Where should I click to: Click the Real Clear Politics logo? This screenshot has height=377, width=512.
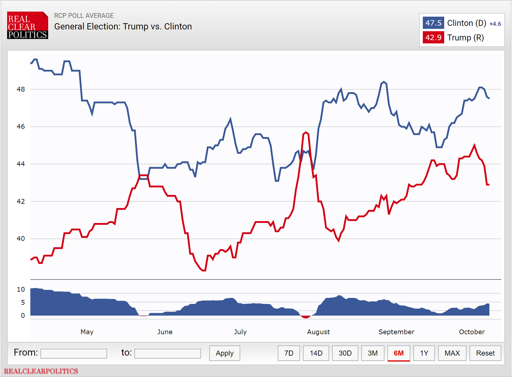[27, 26]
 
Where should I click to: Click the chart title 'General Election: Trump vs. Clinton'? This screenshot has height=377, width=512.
[123, 26]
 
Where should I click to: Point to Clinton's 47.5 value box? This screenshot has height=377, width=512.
[433, 23]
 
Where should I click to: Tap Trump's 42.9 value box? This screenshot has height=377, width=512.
[433, 37]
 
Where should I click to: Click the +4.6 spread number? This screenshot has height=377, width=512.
[495, 24]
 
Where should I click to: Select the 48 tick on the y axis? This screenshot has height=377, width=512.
[21, 89]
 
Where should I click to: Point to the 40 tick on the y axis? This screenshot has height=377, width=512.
[21, 238]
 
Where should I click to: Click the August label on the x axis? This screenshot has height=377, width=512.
[318, 332]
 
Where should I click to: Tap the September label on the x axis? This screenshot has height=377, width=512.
[396, 332]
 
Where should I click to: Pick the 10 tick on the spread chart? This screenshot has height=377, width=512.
[21, 289]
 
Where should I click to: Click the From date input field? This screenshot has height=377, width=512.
[74, 354]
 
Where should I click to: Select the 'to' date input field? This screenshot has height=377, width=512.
[167, 354]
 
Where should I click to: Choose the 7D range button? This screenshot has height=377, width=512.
[289, 353]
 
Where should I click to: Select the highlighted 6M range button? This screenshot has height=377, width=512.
[398, 353]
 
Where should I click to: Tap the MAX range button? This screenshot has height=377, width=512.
[452, 353]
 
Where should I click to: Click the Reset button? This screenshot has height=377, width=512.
[485, 353]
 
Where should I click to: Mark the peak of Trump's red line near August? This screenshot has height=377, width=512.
[306, 132]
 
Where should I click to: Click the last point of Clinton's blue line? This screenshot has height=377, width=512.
[489, 98]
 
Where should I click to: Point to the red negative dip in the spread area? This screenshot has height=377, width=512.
[306, 317]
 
